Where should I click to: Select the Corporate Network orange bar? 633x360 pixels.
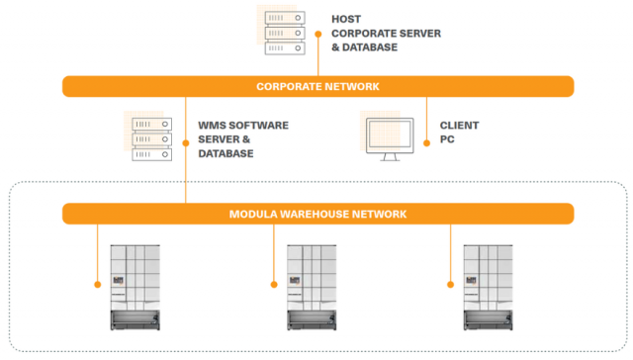(x=317, y=86)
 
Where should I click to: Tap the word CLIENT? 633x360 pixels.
(x=460, y=126)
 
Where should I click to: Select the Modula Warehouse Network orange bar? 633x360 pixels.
(x=317, y=214)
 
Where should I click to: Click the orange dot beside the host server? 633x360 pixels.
(x=318, y=33)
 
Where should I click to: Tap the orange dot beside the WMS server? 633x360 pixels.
(x=185, y=140)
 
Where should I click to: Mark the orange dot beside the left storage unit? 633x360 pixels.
(x=97, y=284)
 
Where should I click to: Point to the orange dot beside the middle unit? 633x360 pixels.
(x=274, y=284)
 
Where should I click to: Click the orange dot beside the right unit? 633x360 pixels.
(x=451, y=284)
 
